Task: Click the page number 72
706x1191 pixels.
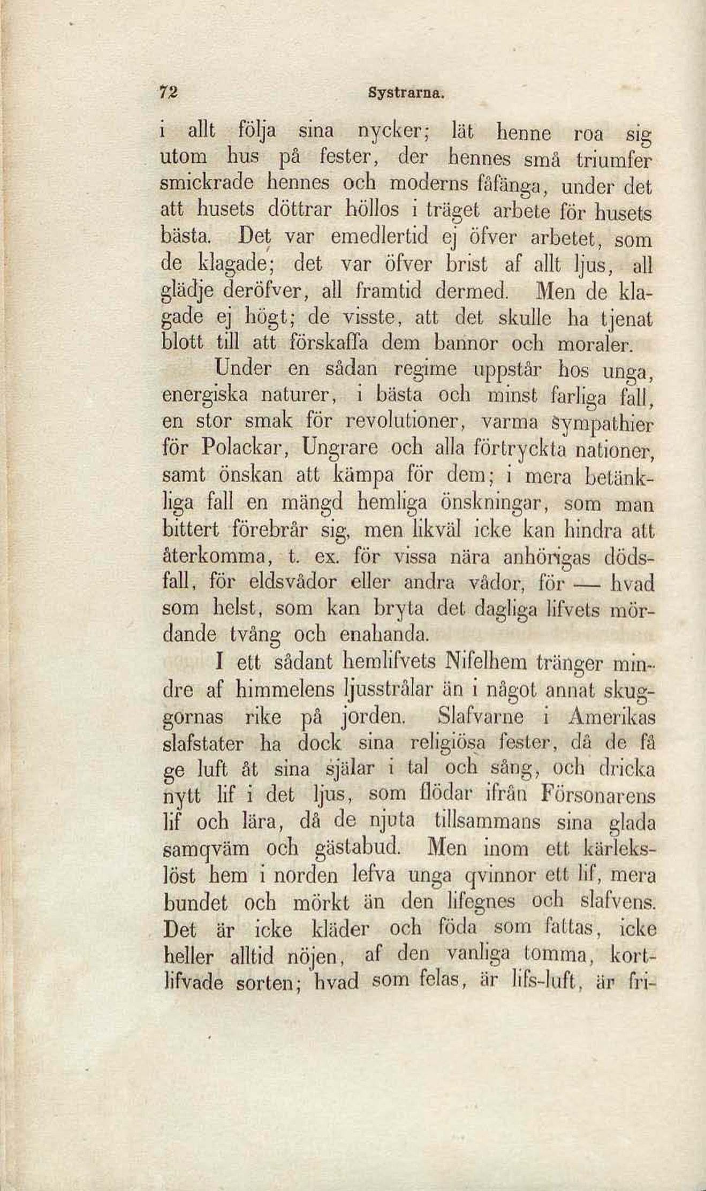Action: [169, 92]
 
